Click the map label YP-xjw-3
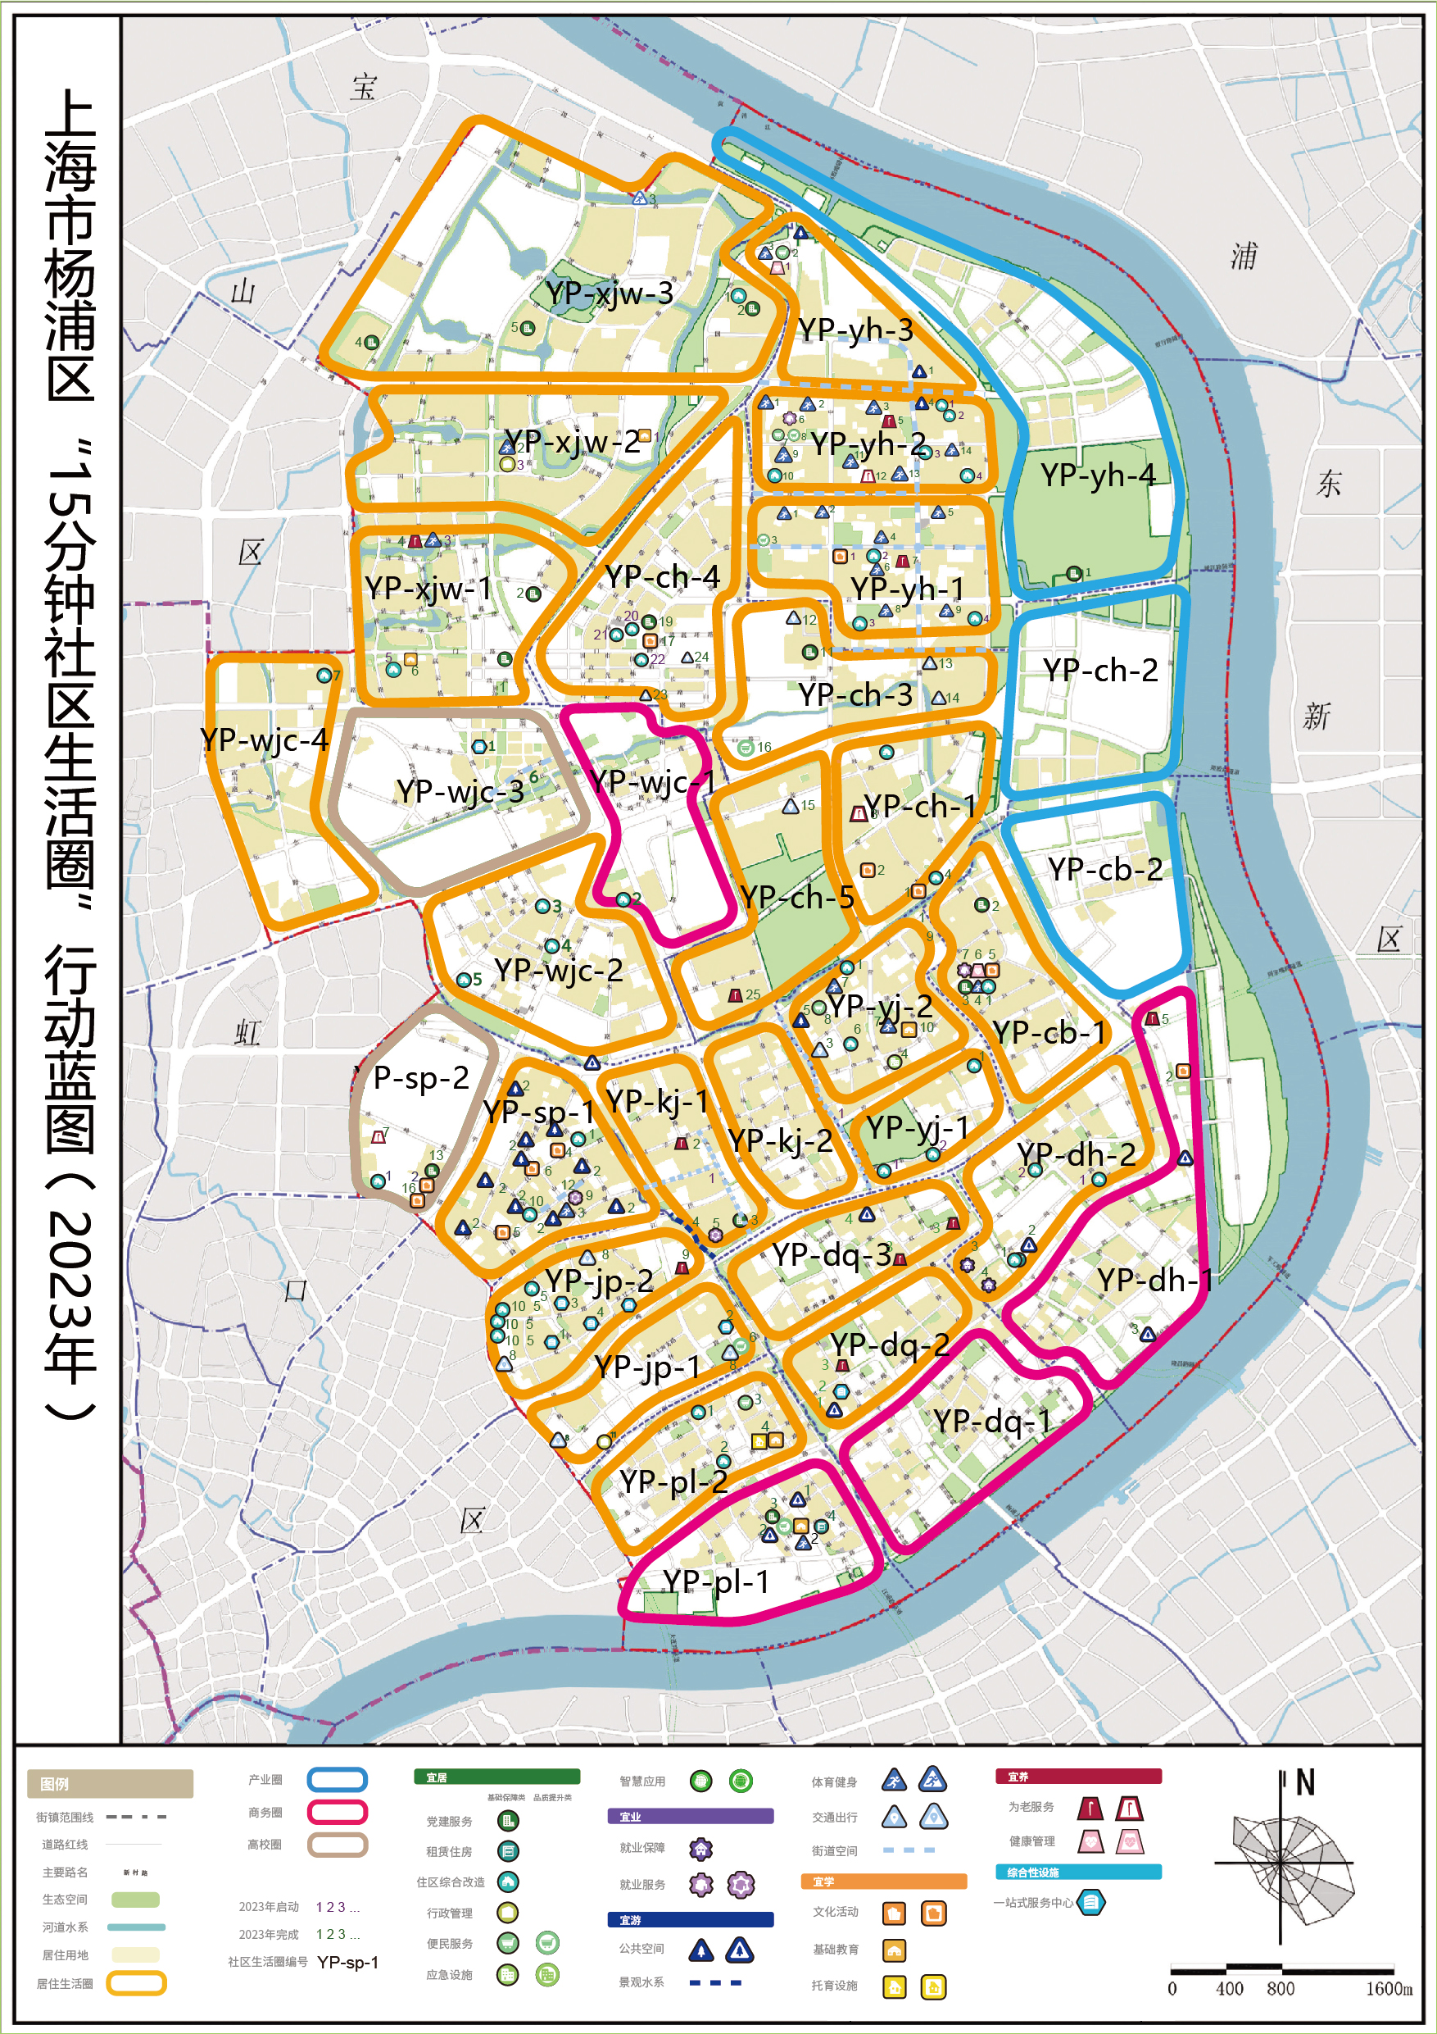point(610,293)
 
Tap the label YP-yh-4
point(1098,475)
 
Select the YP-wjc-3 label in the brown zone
point(460,791)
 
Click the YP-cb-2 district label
point(1105,869)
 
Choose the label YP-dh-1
point(1154,1279)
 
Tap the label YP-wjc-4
point(264,739)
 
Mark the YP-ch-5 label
point(797,898)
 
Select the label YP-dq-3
point(832,1254)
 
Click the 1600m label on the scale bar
point(1389,1989)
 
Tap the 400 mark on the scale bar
point(1229,1989)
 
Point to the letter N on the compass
point(1305,1782)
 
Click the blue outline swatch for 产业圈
point(337,1780)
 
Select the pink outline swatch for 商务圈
point(337,1812)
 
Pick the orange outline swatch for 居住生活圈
point(135,1983)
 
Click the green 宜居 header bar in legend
point(496,1777)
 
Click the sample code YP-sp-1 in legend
point(348,1961)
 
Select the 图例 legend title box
point(110,1783)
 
